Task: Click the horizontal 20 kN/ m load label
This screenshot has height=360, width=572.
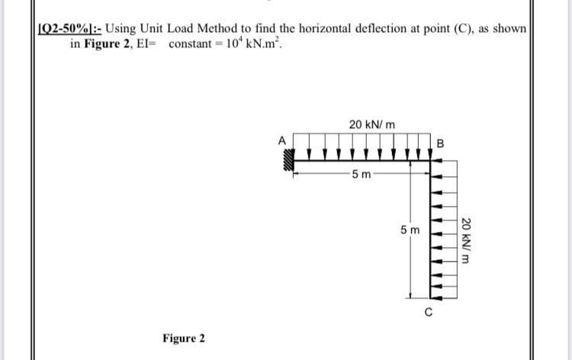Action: pyautogui.click(x=371, y=124)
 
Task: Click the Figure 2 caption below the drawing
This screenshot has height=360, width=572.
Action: pyautogui.click(x=184, y=337)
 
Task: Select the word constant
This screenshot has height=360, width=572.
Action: pyautogui.click(x=191, y=43)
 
